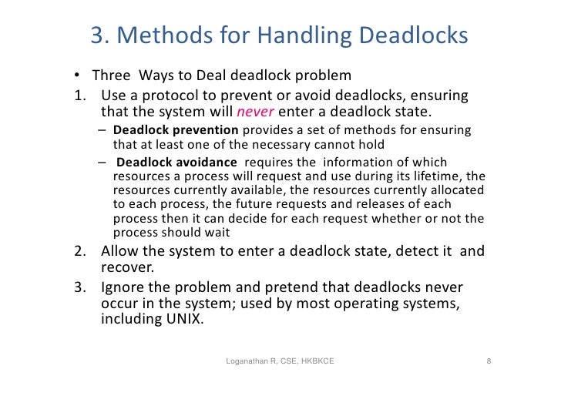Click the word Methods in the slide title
(x=164, y=35)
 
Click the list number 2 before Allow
(x=79, y=251)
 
